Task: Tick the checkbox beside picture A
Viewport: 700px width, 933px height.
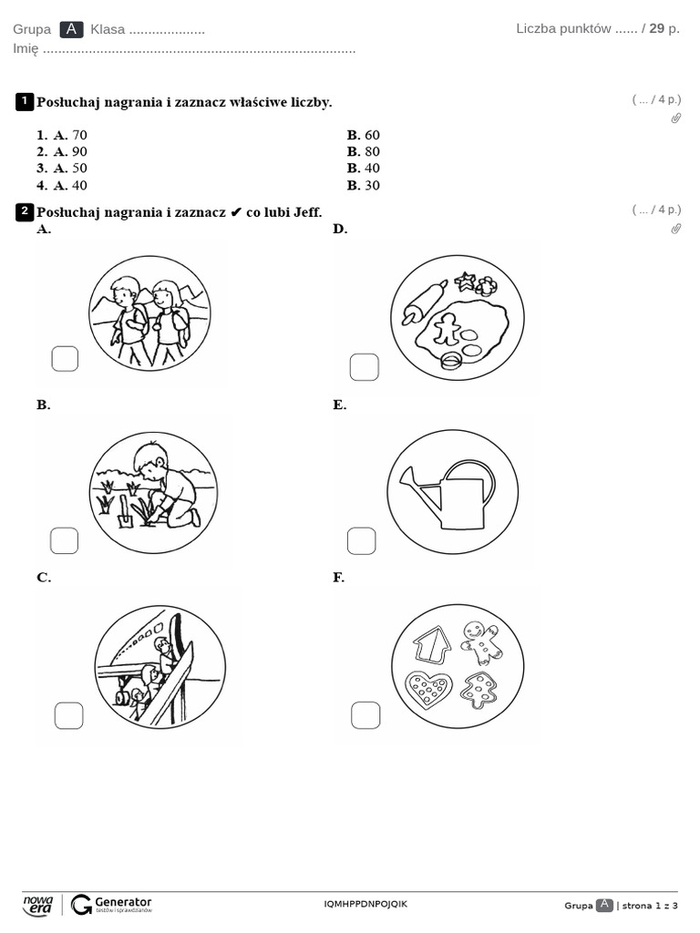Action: (65, 360)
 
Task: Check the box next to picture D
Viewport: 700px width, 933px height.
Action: (364, 367)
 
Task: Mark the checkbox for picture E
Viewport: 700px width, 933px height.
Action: (362, 540)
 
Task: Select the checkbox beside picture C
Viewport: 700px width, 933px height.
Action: (68, 716)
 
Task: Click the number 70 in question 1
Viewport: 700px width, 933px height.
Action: (79, 135)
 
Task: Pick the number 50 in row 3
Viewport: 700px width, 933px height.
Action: (79, 168)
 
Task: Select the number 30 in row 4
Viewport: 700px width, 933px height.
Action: (372, 185)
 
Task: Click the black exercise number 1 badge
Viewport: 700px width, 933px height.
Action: (25, 101)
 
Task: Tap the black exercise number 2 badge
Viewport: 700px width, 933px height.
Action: (25, 212)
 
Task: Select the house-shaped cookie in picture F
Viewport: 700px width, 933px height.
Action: (432, 644)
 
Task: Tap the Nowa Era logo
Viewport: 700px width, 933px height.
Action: (37, 904)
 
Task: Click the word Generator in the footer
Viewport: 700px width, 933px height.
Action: (123, 900)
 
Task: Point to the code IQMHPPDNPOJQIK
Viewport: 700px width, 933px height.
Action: (365, 904)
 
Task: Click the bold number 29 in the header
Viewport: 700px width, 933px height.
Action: (656, 28)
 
